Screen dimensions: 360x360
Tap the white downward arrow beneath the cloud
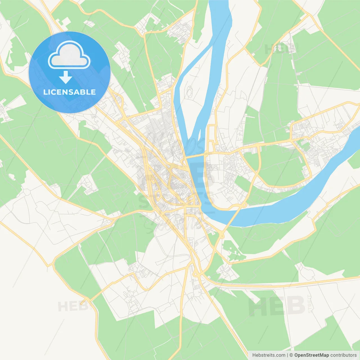[66, 77]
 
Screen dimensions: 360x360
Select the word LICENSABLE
[69, 92]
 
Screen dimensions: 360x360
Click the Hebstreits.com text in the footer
[269, 355]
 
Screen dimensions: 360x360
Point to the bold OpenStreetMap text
[312, 355]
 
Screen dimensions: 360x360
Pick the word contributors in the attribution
[343, 355]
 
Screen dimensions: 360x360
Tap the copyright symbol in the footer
[291, 355]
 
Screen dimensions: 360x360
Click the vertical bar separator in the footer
[288, 355]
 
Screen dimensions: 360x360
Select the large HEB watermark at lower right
[277, 306]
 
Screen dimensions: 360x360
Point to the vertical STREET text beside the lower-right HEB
[310, 304]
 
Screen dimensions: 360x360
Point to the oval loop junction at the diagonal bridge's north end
[244, 205]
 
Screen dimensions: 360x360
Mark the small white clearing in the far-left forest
[12, 177]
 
